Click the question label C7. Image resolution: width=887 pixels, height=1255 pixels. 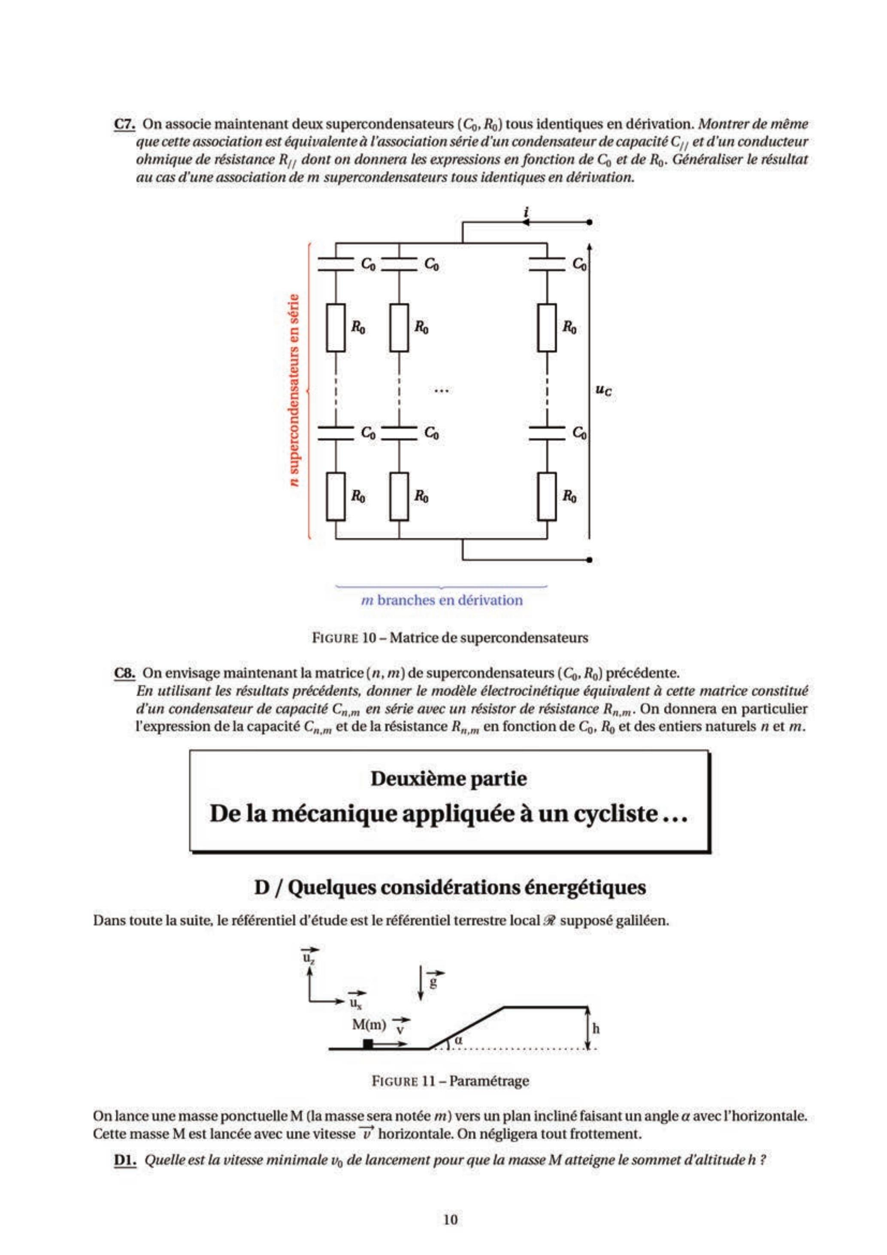click(124, 124)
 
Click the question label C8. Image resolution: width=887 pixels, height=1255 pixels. click(124, 672)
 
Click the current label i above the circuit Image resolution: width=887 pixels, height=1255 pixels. click(526, 212)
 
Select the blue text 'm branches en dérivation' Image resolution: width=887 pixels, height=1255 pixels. click(442, 600)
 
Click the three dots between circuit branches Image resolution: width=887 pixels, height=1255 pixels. click(441, 390)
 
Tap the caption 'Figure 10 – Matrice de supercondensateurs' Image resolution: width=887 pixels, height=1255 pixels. click(449, 637)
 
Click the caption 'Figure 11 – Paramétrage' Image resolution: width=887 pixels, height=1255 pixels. click(449, 1081)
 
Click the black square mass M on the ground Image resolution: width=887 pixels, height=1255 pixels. click(368, 1043)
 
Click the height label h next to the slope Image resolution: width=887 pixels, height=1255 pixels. click(596, 1028)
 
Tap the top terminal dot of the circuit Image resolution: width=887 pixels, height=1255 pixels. click(589, 222)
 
